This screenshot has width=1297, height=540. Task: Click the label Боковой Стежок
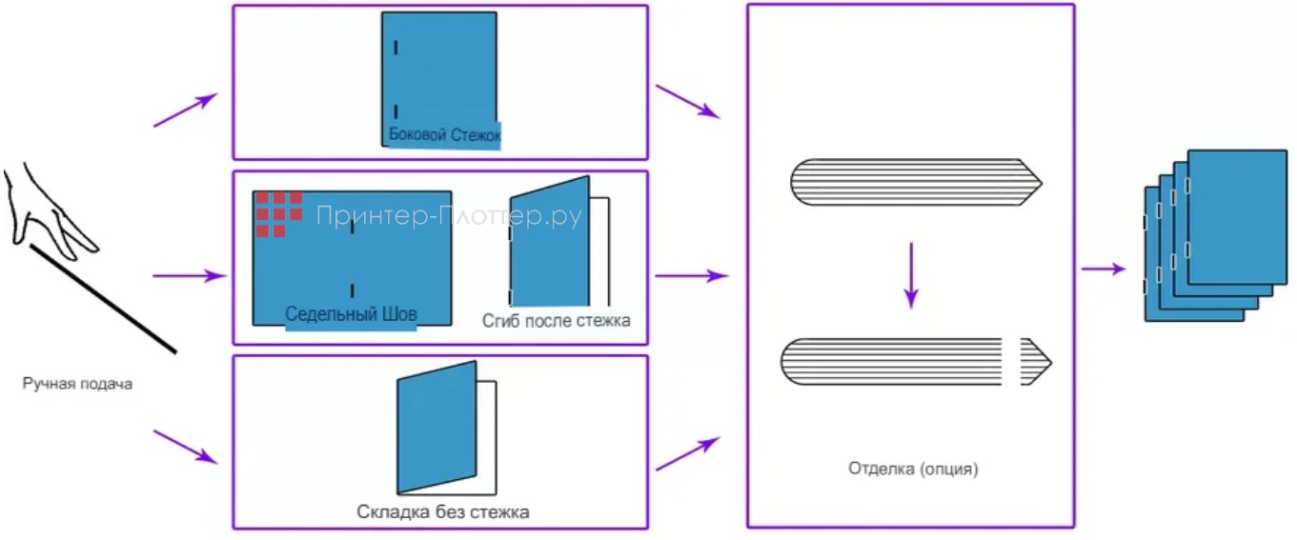point(444,135)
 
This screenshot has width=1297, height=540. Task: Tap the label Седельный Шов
point(352,313)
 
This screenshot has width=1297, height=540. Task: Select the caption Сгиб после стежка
point(556,320)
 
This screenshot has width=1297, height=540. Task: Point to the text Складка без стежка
point(443,512)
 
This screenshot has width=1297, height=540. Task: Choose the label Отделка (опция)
point(914,469)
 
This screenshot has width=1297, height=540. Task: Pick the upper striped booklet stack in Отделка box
point(915,181)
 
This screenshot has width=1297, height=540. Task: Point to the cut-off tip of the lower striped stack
point(1035,361)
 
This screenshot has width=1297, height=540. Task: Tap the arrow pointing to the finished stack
point(1104,270)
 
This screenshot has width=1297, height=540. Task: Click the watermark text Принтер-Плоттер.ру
point(448,217)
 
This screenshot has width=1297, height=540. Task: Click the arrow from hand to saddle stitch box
point(189,276)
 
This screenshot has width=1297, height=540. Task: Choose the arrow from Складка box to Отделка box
point(686,454)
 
